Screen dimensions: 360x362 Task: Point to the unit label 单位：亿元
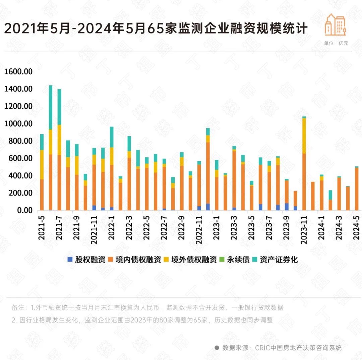[336, 43]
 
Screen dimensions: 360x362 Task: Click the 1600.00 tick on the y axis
[18, 72]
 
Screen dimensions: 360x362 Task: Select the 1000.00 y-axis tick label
[18, 124]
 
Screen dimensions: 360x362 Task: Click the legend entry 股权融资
[86, 260]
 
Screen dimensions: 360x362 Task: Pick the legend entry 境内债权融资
[134, 260]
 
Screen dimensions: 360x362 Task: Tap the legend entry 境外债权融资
[190, 260]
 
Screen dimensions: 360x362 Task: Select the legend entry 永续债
[235, 260]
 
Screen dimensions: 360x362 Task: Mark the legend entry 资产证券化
[275, 260]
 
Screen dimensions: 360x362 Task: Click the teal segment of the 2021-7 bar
[59, 107]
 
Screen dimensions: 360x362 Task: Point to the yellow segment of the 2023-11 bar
[304, 136]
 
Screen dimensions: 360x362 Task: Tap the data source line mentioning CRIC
[278, 348]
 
